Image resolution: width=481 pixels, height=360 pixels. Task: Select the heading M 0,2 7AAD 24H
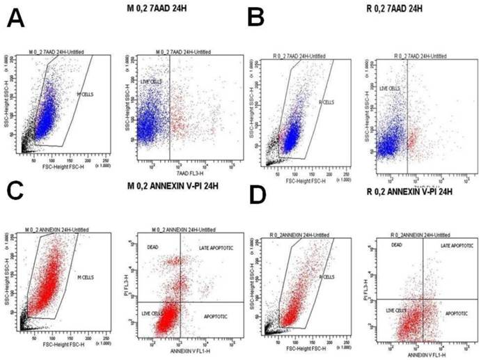pos(157,8)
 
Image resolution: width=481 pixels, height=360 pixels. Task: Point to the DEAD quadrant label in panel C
pos(155,247)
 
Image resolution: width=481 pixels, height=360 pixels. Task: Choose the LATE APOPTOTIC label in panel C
pos(203,247)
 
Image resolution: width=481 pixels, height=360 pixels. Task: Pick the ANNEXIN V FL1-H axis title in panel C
pos(183,355)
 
